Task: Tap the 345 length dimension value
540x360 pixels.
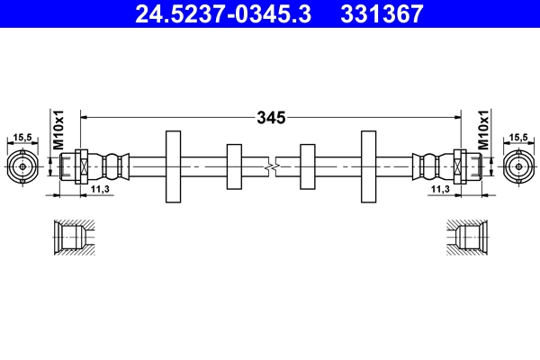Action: (270, 117)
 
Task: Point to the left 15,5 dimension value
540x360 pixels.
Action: (22, 137)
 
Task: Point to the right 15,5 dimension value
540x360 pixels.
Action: (518, 137)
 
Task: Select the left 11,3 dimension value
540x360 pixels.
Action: (100, 190)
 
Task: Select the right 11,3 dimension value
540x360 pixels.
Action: (440, 190)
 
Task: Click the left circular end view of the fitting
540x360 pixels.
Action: (22, 166)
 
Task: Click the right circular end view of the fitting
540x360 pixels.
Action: (517, 166)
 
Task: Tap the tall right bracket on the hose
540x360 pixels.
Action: (368, 166)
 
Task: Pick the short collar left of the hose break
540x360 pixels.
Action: (234, 166)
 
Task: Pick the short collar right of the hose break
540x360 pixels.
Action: (306, 166)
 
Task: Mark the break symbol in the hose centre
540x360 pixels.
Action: (270, 166)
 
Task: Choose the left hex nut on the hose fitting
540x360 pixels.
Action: (81, 166)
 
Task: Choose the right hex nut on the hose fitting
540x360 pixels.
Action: (459, 166)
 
